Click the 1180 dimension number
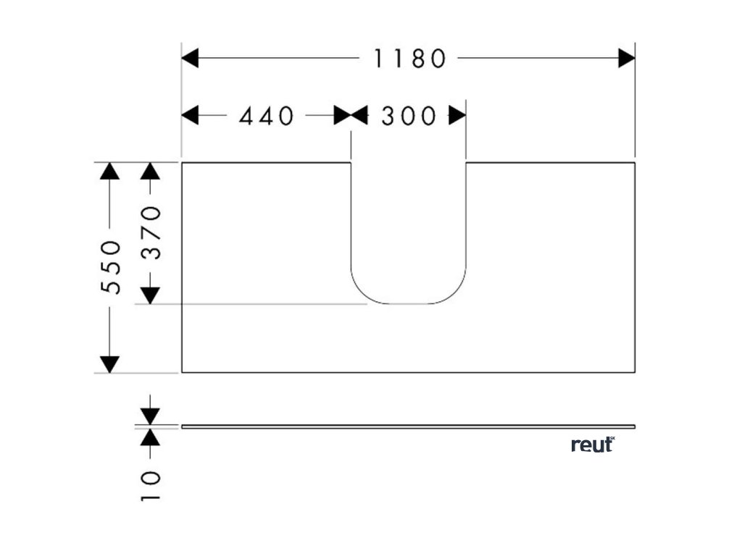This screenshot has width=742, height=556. click(409, 59)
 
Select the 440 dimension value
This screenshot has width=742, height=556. click(267, 116)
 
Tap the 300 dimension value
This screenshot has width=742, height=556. click(409, 116)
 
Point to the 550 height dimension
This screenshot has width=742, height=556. click(110, 266)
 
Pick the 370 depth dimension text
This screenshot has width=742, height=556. click(150, 232)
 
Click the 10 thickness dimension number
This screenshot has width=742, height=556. click(150, 486)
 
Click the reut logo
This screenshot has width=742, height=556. click(593, 445)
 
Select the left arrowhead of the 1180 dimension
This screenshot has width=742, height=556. click(190, 59)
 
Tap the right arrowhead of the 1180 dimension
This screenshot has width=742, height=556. click(627, 59)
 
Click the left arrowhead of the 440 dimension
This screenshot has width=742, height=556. click(190, 115)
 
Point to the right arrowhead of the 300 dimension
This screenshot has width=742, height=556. click(457, 115)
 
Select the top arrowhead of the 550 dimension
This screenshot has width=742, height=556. click(109, 171)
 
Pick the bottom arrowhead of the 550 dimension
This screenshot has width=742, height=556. click(109, 364)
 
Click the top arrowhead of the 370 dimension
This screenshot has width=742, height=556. click(150, 171)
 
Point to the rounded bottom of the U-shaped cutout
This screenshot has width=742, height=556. click(409, 303)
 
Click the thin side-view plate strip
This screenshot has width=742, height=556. click(408, 426)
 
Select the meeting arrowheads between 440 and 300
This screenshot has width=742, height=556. click(351, 115)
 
